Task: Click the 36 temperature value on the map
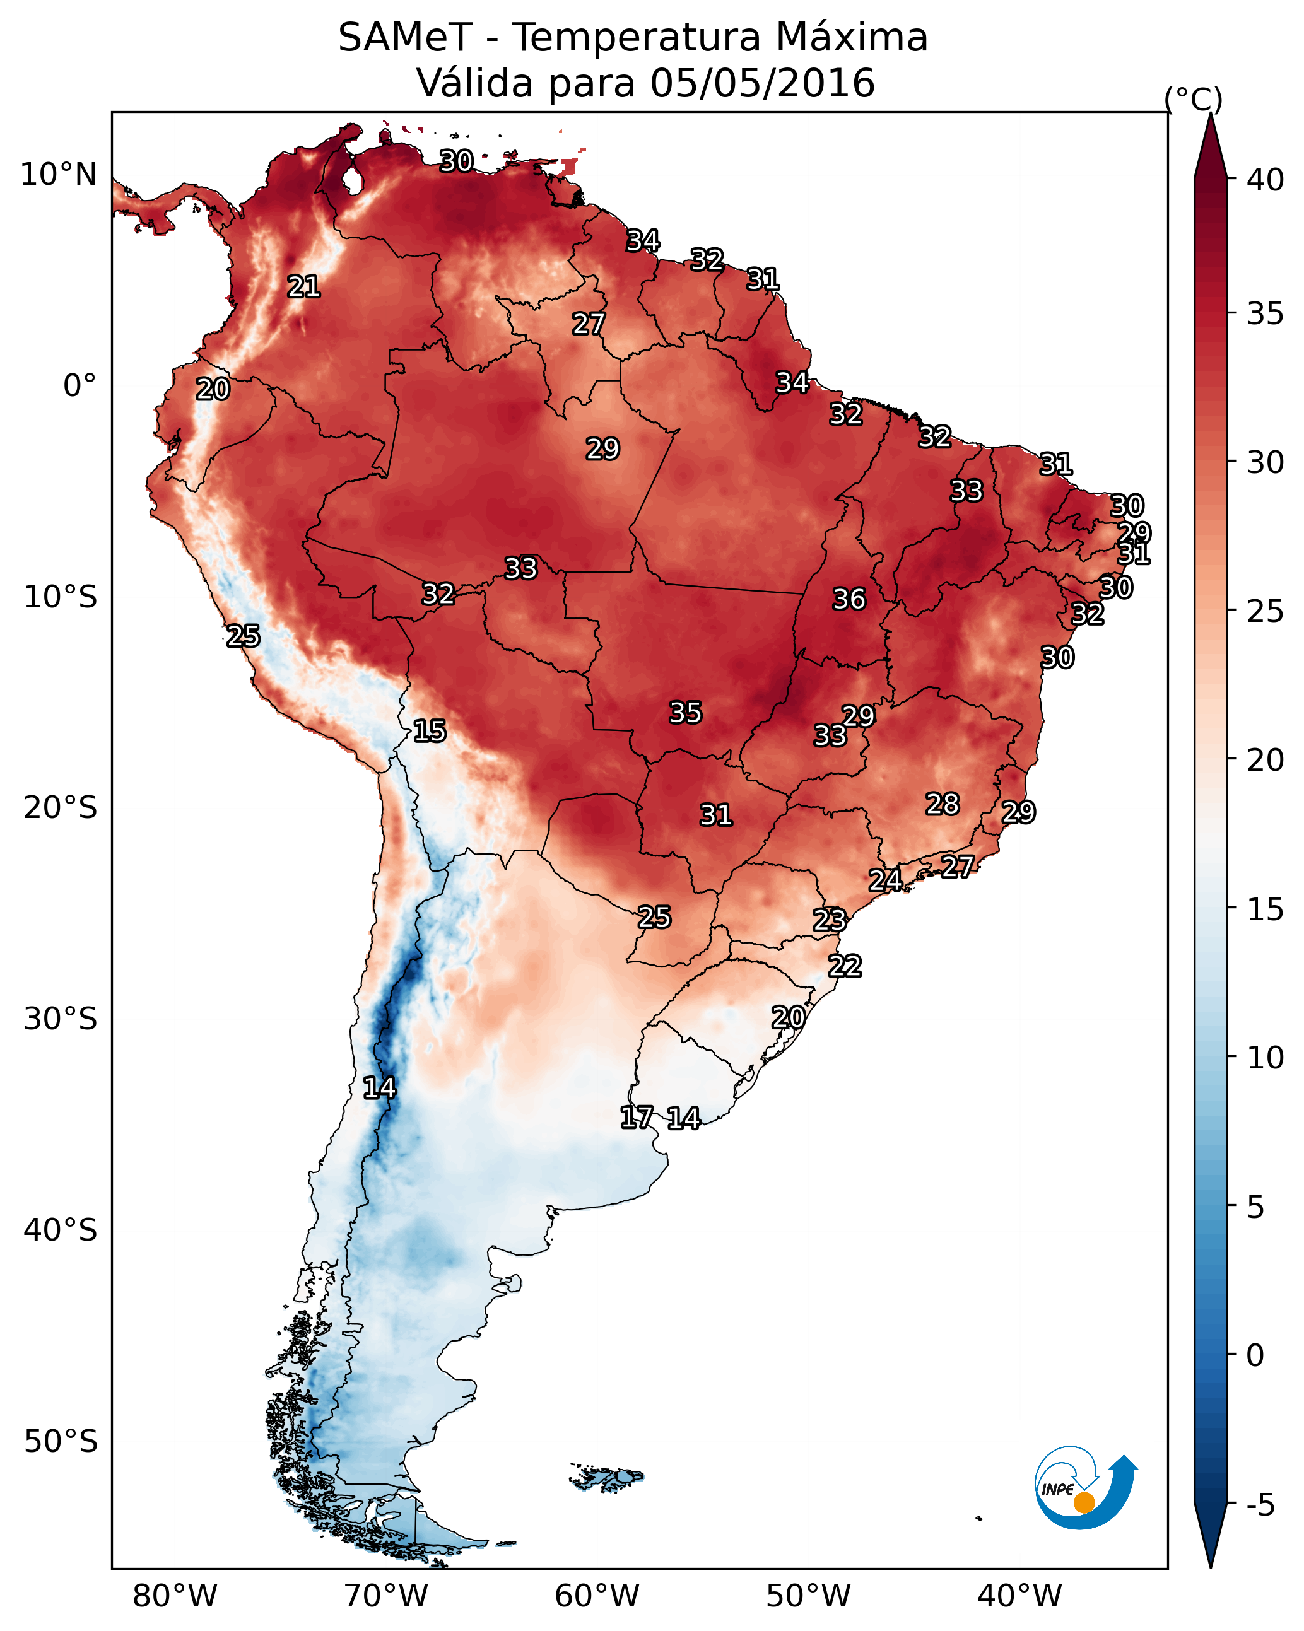click(x=849, y=599)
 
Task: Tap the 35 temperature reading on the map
click(x=686, y=713)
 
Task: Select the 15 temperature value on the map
click(x=429, y=731)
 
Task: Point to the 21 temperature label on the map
click(x=303, y=287)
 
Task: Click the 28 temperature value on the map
click(x=943, y=804)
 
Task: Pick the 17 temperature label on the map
click(x=636, y=1118)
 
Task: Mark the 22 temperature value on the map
click(x=845, y=966)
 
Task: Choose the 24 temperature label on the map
click(x=884, y=880)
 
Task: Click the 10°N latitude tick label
click(x=58, y=175)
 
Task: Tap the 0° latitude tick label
click(x=79, y=386)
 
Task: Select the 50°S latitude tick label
click(x=61, y=1442)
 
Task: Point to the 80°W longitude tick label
click(x=175, y=1596)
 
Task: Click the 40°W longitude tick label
click(x=1019, y=1596)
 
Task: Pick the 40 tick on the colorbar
click(x=1265, y=180)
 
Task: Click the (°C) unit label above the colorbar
click(x=1193, y=99)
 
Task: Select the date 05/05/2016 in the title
click(x=762, y=83)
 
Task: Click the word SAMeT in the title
click(x=405, y=38)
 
